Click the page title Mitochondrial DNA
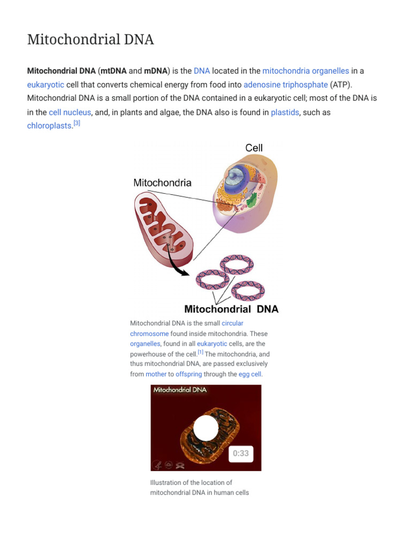90,39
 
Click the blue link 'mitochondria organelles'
306,71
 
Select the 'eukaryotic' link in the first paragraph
45,85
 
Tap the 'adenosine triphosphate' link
285,85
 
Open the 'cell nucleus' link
70,112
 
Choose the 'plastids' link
285,112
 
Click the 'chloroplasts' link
49,126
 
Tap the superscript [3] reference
77,124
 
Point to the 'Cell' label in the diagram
254,148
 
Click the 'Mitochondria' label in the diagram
162,182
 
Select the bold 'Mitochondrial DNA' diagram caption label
231,309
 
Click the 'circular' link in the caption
232,323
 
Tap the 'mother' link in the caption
156,374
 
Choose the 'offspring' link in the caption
188,374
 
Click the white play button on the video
206,428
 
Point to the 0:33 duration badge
241,454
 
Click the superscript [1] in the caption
200,352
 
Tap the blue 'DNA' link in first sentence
202,71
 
